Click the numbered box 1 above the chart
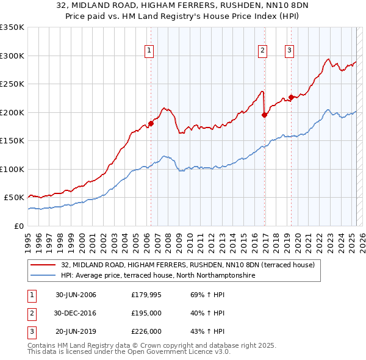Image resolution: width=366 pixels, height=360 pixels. click(149, 51)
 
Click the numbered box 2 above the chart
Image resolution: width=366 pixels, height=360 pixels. click(262, 51)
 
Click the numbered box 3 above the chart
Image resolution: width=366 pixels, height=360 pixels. click(289, 51)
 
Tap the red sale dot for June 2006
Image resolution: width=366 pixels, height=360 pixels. click(151, 124)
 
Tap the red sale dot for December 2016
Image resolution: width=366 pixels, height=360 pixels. click(264, 115)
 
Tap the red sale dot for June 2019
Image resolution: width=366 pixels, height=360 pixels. click(291, 97)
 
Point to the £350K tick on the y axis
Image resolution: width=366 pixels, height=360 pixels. click(12, 27)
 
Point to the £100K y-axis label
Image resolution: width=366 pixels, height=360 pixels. click(12, 169)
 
